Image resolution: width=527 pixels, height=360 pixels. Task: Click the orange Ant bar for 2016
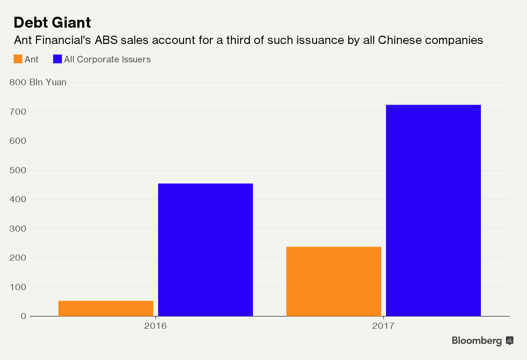[106, 308]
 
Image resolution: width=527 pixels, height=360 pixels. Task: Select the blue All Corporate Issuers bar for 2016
[205, 250]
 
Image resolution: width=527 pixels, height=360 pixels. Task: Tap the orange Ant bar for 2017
[333, 281]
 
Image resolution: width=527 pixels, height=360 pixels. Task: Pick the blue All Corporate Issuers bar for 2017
[433, 210]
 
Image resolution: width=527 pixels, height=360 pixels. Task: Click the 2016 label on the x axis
[155, 326]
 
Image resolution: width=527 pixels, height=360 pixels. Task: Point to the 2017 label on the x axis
[383, 326]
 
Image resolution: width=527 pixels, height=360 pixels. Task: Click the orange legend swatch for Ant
[18, 59]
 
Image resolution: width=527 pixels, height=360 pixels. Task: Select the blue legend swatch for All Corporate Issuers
[57, 59]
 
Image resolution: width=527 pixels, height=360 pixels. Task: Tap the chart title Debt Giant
[52, 22]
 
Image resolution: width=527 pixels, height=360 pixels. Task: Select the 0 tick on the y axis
[23, 316]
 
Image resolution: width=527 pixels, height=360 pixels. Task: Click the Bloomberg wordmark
[476, 341]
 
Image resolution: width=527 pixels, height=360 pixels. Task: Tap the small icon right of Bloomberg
[509, 340]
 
